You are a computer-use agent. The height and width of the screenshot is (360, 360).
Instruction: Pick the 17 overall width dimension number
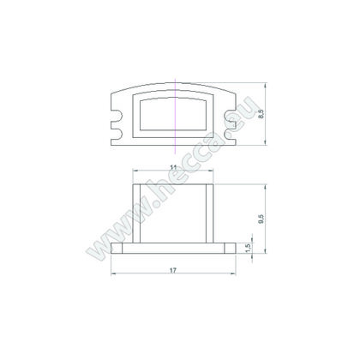click(x=173, y=270)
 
